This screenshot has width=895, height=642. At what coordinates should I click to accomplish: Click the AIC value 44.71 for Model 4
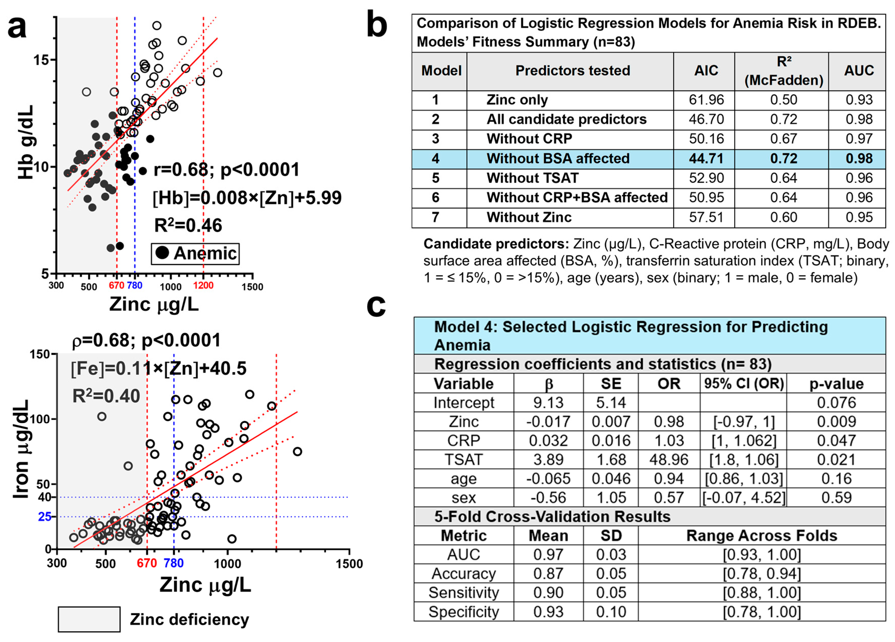706,159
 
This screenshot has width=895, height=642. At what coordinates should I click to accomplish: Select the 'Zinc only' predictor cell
517,100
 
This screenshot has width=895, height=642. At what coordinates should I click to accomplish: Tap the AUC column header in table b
859,71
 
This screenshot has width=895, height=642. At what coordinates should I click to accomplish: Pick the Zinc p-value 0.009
836,421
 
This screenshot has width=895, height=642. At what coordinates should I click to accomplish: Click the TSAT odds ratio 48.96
669,460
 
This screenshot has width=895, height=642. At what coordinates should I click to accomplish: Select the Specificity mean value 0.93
548,612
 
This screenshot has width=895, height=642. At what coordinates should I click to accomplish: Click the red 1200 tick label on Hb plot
203,285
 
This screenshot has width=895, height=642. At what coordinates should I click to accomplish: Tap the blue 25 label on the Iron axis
44,516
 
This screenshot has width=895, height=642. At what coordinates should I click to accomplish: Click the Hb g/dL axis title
26,142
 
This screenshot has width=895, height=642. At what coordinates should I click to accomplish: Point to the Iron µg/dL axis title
21,450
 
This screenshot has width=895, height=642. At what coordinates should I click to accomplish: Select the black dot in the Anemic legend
162,253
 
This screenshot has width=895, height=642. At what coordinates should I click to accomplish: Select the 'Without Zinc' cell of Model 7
529,217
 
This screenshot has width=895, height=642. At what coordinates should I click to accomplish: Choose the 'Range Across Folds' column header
762,536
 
